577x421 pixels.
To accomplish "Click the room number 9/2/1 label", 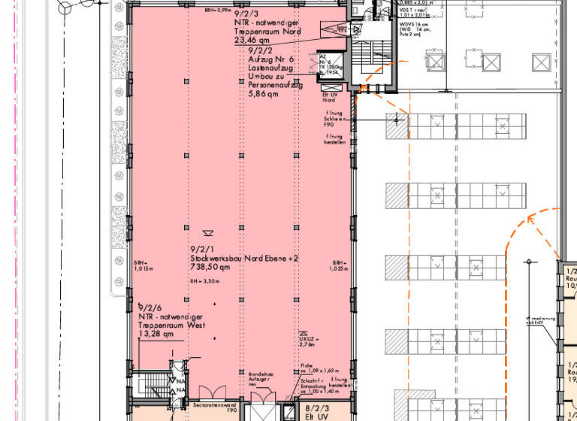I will pyautogui.click(x=201, y=249).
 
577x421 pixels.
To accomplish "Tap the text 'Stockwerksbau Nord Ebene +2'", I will pyautogui.click(x=244, y=258).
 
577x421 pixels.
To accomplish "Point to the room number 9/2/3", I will pyautogui.click(x=249, y=14).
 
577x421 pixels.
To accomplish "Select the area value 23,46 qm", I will pyautogui.click(x=251, y=40).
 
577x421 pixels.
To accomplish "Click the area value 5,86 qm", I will pyautogui.click(x=263, y=95).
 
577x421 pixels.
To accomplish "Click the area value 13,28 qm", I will pyautogui.click(x=156, y=335).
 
